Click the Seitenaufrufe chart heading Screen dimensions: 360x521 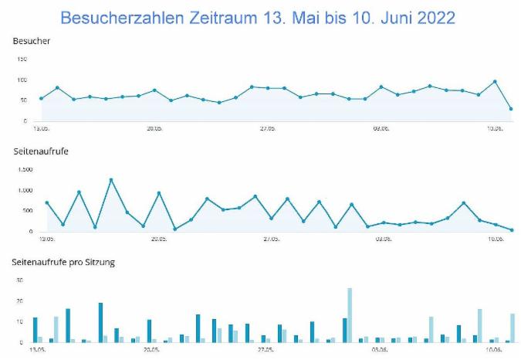point(39,151)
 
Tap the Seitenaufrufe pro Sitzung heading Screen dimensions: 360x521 point(63,262)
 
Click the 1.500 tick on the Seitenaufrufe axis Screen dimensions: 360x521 point(24,169)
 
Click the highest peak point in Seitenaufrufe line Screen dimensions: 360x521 point(111,180)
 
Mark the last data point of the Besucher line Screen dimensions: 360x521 point(511,109)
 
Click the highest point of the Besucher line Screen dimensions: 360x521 point(495,81)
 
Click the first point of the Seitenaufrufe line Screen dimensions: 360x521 point(46,202)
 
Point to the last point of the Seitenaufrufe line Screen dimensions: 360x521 point(511,230)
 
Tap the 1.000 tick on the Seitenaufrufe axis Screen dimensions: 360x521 point(24,190)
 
